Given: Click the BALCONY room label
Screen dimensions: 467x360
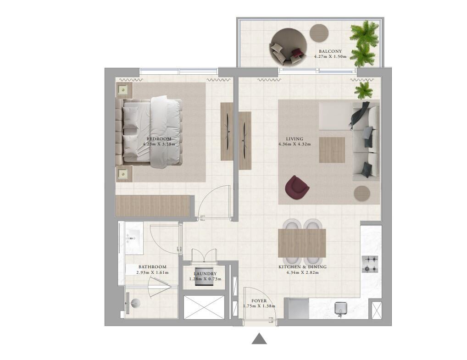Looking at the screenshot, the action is pyautogui.click(x=330, y=51).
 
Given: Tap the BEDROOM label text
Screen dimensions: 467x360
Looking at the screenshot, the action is pyautogui.click(x=159, y=139).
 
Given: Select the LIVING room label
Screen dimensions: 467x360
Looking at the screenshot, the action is pyautogui.click(x=295, y=139).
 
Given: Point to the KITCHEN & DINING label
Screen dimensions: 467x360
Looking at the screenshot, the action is pyautogui.click(x=302, y=267).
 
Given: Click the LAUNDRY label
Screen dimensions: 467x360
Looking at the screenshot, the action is pyautogui.click(x=205, y=274).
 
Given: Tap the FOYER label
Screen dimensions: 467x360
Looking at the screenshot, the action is pyautogui.click(x=259, y=301).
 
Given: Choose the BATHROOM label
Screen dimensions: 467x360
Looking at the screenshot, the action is pyautogui.click(x=152, y=267).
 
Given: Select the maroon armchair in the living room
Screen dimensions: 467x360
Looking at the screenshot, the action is pyautogui.click(x=297, y=188).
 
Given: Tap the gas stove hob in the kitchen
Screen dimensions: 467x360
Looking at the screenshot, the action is pyautogui.click(x=370, y=264).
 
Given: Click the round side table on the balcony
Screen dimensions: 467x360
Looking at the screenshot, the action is pyautogui.click(x=319, y=33).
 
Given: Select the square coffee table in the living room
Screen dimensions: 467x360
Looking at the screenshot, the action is pyautogui.click(x=332, y=150).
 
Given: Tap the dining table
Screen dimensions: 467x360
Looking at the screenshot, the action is pyautogui.click(x=302, y=243).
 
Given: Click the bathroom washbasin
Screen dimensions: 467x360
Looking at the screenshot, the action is pyautogui.click(x=134, y=238).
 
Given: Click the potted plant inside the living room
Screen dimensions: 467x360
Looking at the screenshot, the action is pyautogui.click(x=363, y=90).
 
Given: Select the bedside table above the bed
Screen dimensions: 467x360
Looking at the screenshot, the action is pyautogui.click(x=122, y=89).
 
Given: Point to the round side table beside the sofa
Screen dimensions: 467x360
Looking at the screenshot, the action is pyautogui.click(x=362, y=193).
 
